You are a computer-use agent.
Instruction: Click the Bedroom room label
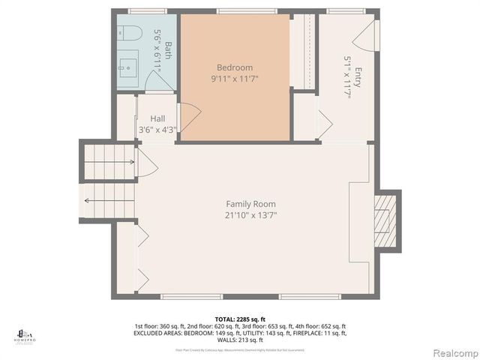click(x=235, y=67)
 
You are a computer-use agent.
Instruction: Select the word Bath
click(x=168, y=50)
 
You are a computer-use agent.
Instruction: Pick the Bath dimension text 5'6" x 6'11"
click(x=157, y=50)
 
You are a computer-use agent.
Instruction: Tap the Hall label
click(x=157, y=118)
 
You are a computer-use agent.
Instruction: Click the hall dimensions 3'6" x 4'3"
click(x=157, y=130)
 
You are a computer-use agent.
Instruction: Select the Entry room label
click(x=358, y=77)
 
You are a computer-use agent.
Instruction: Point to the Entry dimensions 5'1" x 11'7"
click(x=347, y=77)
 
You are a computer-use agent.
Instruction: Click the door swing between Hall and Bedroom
click(x=189, y=115)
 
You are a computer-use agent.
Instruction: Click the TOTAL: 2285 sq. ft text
click(x=240, y=318)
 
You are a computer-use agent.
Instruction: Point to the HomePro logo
click(x=25, y=334)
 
